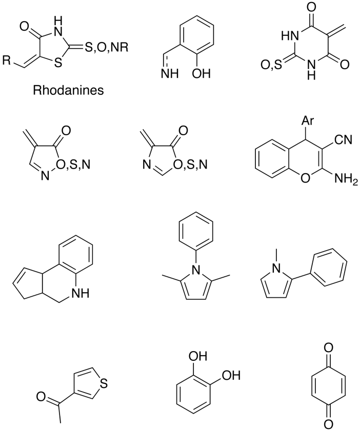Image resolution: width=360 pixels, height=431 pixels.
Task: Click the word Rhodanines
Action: (x=69, y=90)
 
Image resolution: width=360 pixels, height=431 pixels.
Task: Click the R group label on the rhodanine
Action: (x=7, y=60)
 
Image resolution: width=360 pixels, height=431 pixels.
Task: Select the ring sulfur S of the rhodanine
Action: (x=58, y=63)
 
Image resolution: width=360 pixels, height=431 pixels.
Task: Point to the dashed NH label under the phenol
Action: (x=170, y=74)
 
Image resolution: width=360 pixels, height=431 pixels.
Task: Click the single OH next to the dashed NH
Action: (x=202, y=74)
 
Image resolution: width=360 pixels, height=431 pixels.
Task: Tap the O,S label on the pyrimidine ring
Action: (x=271, y=65)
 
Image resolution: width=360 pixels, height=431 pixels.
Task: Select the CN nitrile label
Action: (x=343, y=139)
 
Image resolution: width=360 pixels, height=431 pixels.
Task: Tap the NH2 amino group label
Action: (x=346, y=179)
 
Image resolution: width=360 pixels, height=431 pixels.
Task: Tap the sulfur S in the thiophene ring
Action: (x=104, y=383)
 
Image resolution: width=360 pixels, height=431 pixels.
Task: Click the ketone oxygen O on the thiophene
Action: (x=41, y=397)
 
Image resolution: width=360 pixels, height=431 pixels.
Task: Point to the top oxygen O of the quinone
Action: (x=327, y=347)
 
